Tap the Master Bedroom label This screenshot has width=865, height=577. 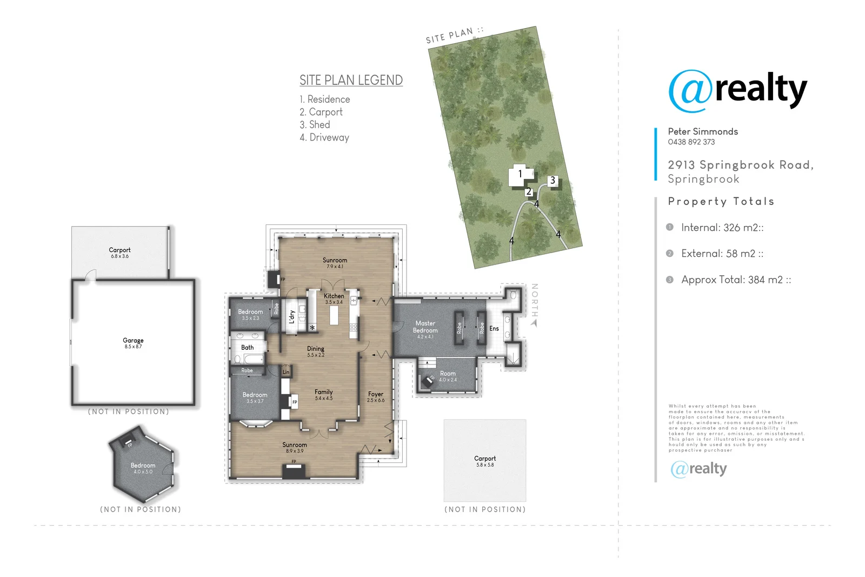click(425, 327)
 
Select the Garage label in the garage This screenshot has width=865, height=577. click(133, 341)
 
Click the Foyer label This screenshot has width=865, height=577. click(376, 395)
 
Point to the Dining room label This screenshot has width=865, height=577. click(316, 349)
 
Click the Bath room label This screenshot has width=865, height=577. click(247, 348)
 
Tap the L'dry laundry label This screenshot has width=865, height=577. click(292, 316)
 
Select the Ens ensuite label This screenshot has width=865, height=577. click(494, 329)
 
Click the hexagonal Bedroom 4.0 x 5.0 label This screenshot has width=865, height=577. click(143, 466)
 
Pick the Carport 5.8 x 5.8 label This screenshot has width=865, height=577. click(485, 459)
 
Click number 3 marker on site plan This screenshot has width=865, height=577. click(553, 181)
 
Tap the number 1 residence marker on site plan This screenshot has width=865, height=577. click(520, 174)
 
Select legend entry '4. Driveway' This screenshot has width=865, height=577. click(324, 137)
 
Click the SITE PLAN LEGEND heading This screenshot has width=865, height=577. click(351, 81)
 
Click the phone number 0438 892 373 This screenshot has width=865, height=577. click(691, 142)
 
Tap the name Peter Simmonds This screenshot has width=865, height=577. click(703, 131)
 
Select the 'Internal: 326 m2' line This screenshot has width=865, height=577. click(722, 228)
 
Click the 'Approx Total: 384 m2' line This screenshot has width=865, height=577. click(735, 280)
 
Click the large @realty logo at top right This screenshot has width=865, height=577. click(737, 91)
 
